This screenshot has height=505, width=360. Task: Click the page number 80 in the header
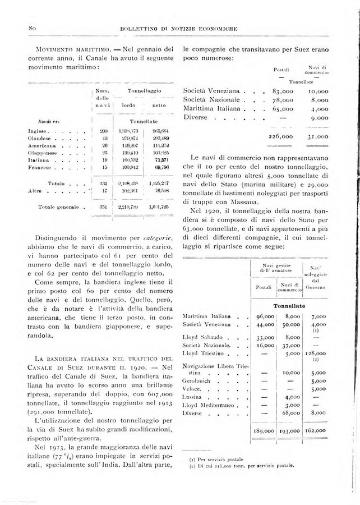32,27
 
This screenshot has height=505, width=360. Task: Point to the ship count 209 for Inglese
103,130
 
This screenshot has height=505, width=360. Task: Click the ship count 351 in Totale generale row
103,207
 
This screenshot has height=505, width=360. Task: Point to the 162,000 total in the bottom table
318,431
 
